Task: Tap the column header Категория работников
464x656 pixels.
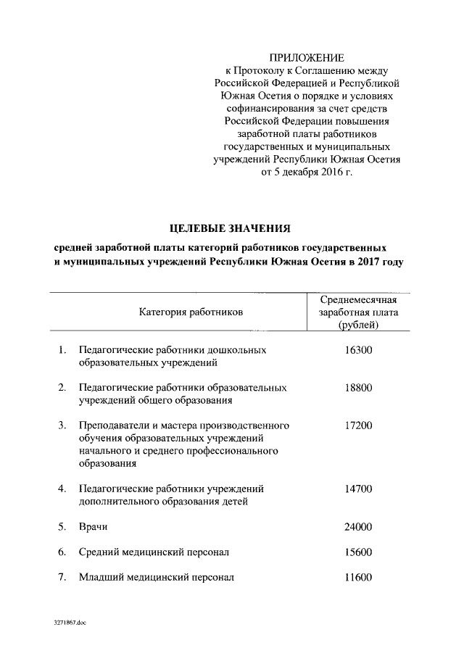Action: (x=191, y=311)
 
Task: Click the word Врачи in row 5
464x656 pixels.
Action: (x=94, y=527)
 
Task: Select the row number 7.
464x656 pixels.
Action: (x=62, y=578)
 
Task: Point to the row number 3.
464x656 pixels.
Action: (x=62, y=425)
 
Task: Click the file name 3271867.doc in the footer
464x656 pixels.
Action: (x=69, y=623)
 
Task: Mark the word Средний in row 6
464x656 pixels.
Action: (x=100, y=552)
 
